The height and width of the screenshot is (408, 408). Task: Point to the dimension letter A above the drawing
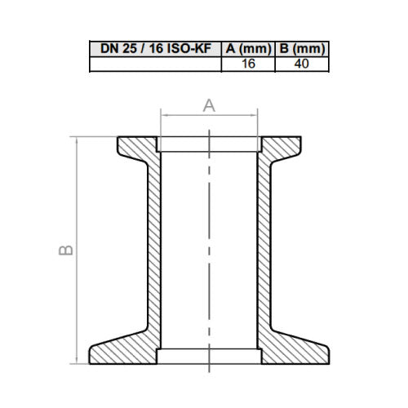coord(208,104)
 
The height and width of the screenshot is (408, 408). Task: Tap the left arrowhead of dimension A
coord(166,116)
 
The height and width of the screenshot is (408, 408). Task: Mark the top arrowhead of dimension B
coord(78,141)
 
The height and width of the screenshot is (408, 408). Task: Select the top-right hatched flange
coord(282,149)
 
